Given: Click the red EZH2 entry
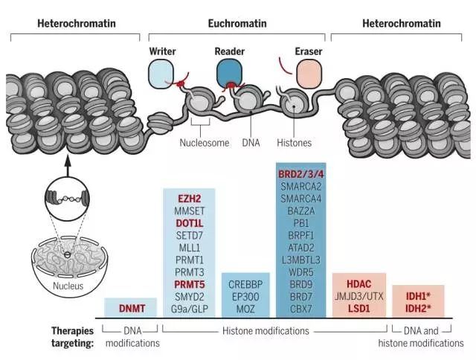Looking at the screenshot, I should tap(189, 199).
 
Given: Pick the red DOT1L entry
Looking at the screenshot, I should tap(189, 222).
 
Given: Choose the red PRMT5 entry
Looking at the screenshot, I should tap(189, 283).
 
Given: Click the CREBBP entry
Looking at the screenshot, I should tap(245, 283).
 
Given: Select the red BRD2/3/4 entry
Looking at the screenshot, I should tap(302, 174).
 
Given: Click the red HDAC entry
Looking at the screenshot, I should tap(358, 283).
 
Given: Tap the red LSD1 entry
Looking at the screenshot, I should tap(358, 307).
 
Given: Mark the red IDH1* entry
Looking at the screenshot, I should tap(417, 295).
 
